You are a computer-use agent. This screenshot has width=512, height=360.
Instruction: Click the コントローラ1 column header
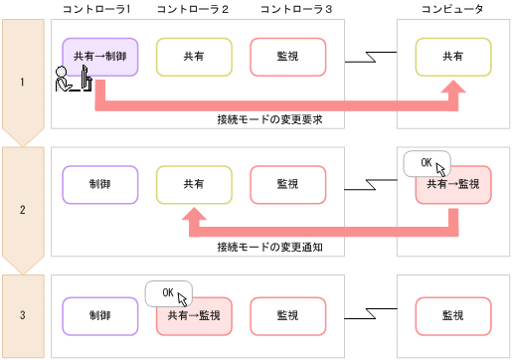98,9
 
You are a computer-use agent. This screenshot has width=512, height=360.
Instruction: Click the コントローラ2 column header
193,9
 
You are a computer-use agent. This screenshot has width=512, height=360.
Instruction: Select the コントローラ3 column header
289,9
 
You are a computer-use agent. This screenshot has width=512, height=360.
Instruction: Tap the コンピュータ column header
451,9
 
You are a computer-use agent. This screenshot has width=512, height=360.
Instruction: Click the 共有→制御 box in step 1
98,58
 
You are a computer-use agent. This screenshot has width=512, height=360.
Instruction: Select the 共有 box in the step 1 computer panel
452,58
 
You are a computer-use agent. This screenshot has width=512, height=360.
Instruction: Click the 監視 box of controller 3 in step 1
287,58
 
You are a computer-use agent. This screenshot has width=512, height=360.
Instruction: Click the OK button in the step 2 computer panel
427,162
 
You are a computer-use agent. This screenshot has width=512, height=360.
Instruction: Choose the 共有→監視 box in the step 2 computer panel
452,186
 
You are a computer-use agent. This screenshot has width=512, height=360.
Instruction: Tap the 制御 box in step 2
98,185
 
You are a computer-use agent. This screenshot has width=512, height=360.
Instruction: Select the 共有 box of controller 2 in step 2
194,185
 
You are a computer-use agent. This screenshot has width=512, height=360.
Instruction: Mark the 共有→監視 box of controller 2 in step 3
194,315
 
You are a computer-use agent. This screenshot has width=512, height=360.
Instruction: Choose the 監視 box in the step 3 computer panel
452,315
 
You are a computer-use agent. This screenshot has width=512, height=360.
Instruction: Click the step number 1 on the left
22,82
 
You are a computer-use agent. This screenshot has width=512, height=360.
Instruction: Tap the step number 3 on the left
22,315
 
